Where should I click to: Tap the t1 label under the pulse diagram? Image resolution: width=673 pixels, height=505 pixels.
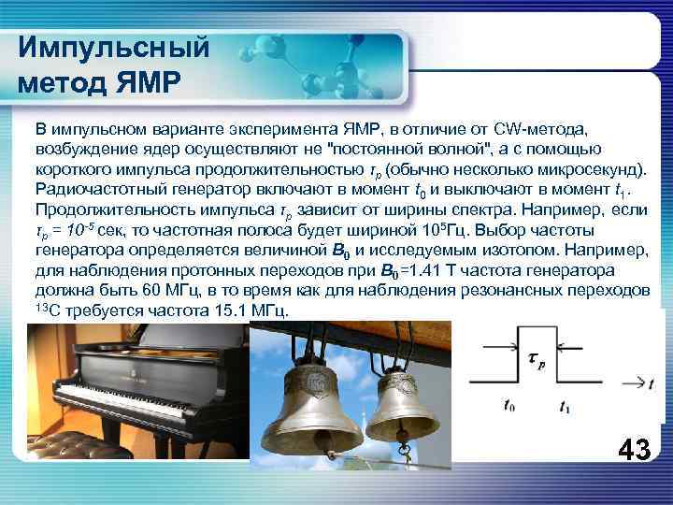coord(564,406)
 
